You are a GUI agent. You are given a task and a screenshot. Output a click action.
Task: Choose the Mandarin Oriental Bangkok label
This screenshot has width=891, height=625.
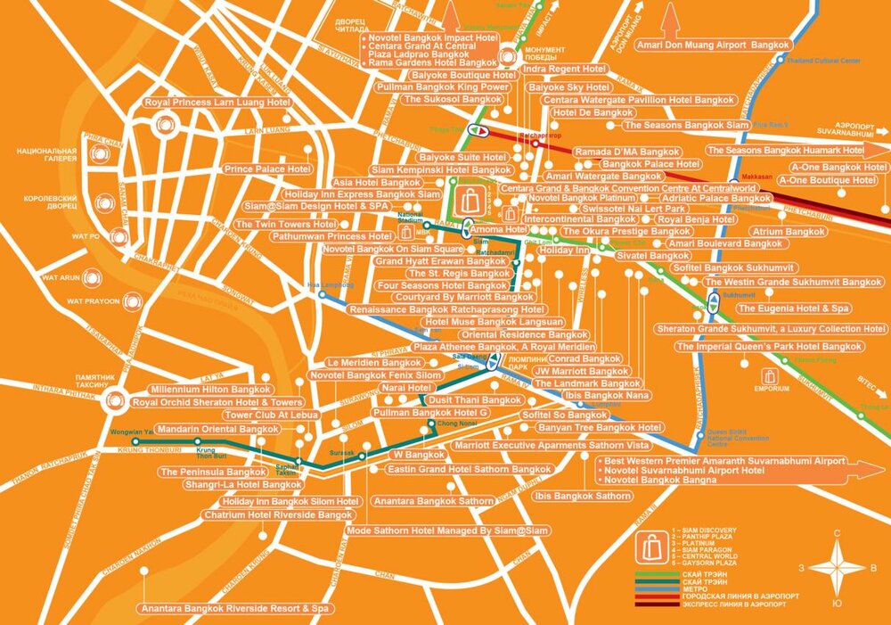click(217, 429)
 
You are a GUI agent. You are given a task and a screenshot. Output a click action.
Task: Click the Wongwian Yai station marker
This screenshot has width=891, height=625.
click(135, 441)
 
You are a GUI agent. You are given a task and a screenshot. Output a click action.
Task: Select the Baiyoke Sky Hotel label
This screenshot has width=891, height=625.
click(569, 87)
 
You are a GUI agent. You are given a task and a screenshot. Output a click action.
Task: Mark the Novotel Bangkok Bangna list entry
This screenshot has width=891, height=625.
click(660, 481)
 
